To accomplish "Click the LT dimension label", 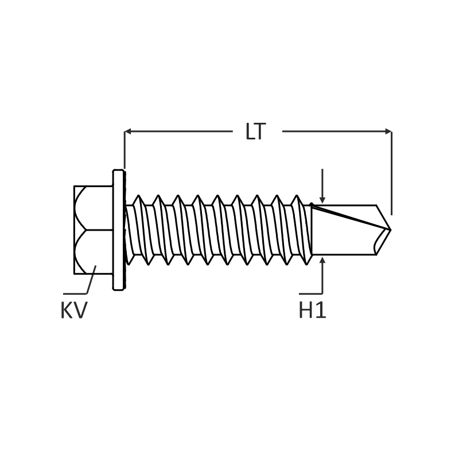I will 255,132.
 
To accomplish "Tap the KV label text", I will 73,310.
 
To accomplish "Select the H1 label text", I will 312,310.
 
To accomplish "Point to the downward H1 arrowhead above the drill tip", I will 323,199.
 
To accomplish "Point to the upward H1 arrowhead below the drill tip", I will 323,262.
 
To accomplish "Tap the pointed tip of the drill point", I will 390,230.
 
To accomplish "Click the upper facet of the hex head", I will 93,208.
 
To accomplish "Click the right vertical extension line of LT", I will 392,172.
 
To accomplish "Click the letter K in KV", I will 67,310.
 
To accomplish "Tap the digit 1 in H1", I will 321,310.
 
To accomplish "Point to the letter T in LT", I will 260,132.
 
